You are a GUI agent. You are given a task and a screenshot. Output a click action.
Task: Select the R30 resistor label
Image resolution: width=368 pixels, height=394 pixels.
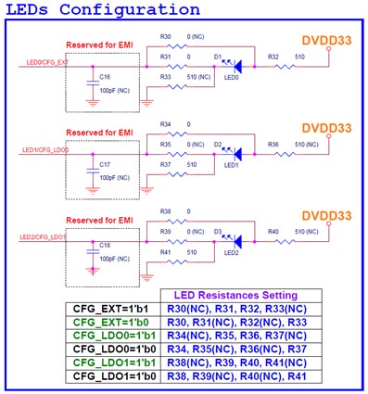165,38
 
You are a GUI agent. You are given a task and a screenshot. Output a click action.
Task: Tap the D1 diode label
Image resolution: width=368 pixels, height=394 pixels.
218,57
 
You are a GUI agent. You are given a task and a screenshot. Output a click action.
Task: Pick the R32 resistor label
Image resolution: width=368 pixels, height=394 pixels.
273,57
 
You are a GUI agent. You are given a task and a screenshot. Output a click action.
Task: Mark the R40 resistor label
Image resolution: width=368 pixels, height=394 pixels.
273,230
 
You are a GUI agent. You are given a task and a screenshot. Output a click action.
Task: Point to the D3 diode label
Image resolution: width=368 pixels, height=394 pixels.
218,230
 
